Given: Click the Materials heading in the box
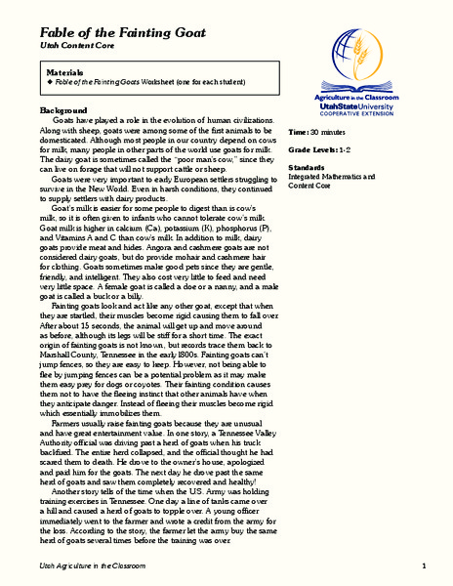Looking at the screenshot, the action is click(67, 72).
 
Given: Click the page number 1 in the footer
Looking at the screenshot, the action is click(425, 567).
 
